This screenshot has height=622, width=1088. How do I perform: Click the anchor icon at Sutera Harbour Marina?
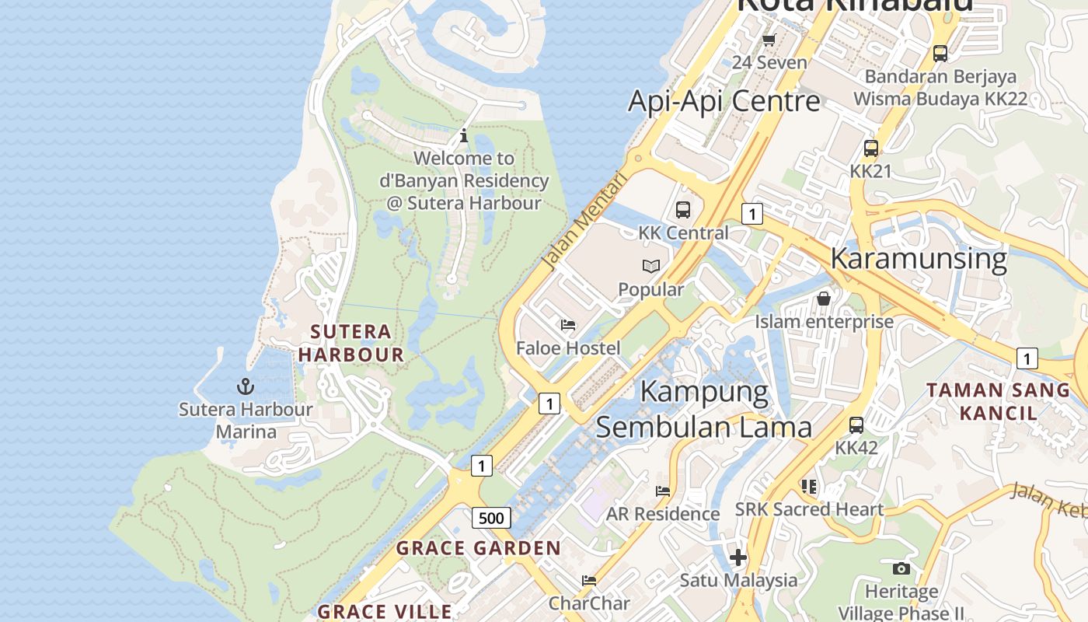click(x=246, y=386)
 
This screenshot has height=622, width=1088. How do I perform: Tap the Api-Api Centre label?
click(x=724, y=101)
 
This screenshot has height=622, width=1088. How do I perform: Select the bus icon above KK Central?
click(x=682, y=210)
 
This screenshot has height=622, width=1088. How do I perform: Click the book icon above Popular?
click(x=651, y=267)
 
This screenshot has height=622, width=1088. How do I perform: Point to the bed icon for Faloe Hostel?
click(x=568, y=325)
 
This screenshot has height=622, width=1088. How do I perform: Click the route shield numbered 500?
click(x=491, y=518)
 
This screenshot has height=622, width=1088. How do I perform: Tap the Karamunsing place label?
click(x=919, y=257)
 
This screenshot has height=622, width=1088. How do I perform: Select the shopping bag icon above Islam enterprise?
click(x=824, y=299)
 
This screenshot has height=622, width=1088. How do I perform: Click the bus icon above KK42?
click(x=856, y=425)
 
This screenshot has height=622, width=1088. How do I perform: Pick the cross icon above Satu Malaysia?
click(x=738, y=557)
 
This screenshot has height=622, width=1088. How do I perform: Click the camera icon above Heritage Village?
click(x=901, y=569)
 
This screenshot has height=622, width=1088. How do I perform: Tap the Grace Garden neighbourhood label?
click(x=479, y=548)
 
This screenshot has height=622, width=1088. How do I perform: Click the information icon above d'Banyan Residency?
click(x=464, y=136)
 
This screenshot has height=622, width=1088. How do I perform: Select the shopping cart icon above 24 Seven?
click(x=769, y=40)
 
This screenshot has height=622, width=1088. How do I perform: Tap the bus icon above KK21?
click(x=870, y=148)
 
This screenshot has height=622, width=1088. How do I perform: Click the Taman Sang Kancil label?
click(x=998, y=401)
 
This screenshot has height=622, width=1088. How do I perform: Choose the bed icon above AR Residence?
click(x=663, y=491)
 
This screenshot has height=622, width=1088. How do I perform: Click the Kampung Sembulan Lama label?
click(x=704, y=409)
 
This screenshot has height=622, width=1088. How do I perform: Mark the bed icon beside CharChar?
click(x=589, y=581)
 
